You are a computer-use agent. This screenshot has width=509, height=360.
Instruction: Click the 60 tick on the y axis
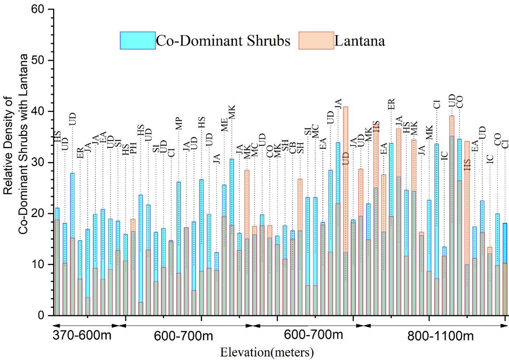pos(51,10)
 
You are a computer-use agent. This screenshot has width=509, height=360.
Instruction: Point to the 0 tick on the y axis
pos(51,316)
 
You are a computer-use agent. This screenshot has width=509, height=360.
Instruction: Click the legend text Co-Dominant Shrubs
pos(223,41)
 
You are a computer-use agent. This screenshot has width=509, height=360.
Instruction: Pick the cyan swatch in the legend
pos(138,41)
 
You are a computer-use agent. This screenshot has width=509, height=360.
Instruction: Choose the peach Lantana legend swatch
pos(316,41)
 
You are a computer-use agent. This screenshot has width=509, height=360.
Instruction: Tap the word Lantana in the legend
pos(360,41)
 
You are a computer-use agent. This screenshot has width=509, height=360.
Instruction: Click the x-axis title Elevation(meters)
pos(267,352)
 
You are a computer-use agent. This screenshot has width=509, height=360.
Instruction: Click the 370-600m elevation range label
pos(82,336)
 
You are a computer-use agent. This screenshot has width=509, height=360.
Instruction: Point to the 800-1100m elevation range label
pos(440,336)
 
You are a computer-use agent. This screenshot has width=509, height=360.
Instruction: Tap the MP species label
pos(179,124)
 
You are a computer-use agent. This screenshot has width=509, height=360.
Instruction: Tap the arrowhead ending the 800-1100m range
pos(505,326)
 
